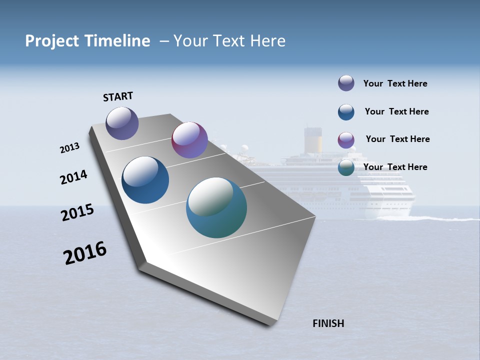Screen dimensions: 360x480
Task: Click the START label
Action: tap(118, 96)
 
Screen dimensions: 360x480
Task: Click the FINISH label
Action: tap(328, 323)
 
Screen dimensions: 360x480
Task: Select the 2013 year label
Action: tap(69, 148)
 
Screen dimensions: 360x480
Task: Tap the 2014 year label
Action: tap(74, 177)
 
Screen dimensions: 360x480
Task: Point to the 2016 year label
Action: tap(85, 253)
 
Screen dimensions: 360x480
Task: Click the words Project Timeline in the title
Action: tap(87, 41)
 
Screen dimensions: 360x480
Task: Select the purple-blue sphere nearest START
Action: tap(122, 123)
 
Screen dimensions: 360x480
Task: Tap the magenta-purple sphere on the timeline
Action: tap(189, 140)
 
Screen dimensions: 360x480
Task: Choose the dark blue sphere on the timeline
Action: tap(145, 180)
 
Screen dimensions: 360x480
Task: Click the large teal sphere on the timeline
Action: tap(216, 207)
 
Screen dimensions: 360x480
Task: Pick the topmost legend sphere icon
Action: tap(346, 83)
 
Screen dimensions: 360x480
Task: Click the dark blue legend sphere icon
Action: tap(346, 112)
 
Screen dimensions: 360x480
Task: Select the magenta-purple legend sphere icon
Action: tap(346, 140)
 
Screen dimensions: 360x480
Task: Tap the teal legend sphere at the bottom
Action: tap(346, 168)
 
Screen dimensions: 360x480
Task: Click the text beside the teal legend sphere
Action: tap(395, 167)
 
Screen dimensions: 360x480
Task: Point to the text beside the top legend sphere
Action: tap(395, 83)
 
